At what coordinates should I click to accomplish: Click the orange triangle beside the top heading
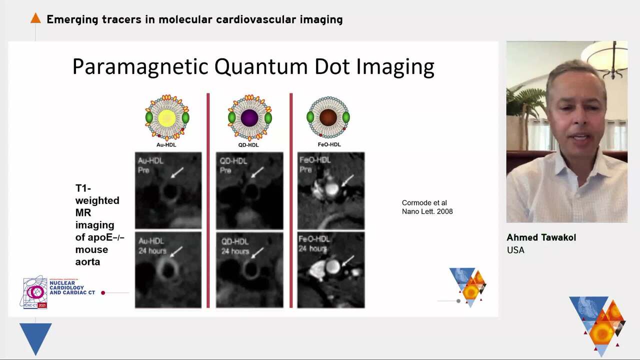pyautogui.click(x=35, y=18)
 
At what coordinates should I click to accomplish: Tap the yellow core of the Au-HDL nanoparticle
pyautogui.click(x=167, y=118)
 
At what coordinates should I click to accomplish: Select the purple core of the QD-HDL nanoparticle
pyautogui.click(x=249, y=118)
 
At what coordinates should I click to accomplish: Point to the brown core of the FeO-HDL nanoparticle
pyautogui.click(x=328, y=117)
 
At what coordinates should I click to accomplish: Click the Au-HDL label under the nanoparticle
pyautogui.click(x=167, y=145)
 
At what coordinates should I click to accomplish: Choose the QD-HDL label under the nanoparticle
pyautogui.click(x=249, y=145)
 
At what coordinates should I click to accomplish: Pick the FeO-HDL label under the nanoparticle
pyautogui.click(x=328, y=145)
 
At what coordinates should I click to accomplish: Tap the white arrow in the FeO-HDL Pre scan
pyautogui.click(x=348, y=179)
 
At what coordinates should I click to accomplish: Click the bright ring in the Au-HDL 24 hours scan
pyautogui.click(x=167, y=270)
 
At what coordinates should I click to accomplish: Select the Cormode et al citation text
pyautogui.click(x=427, y=207)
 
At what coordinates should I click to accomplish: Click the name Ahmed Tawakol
pyautogui.click(x=541, y=237)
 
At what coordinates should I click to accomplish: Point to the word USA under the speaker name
pyautogui.click(x=515, y=250)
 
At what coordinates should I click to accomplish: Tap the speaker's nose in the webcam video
pyautogui.click(x=580, y=122)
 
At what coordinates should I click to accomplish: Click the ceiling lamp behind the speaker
pyautogui.click(x=607, y=57)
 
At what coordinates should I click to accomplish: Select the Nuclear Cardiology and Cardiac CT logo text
pyautogui.click(x=72, y=287)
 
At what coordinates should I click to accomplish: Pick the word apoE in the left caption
pyautogui.click(x=91, y=237)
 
